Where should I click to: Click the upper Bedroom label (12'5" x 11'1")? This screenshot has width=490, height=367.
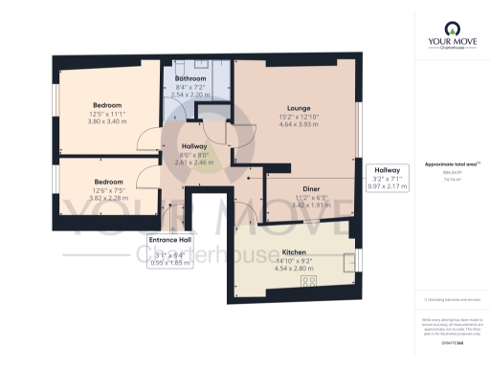(107, 104)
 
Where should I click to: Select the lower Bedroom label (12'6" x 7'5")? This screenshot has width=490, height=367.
(107, 181)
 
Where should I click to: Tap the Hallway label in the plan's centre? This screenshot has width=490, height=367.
(194, 146)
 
